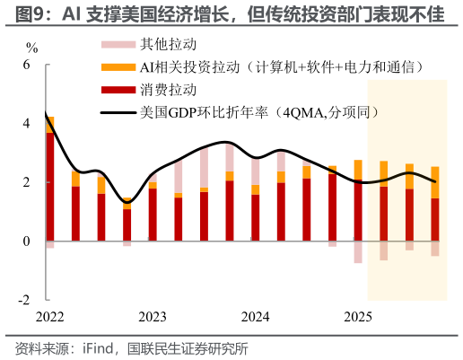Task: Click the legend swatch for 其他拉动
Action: (118, 44)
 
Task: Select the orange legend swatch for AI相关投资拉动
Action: (118, 67)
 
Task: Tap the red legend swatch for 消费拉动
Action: (118, 91)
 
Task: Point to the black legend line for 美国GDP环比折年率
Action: (118, 113)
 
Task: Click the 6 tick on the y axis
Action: (26, 66)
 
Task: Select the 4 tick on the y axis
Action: (26, 124)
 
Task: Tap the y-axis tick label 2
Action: (26, 182)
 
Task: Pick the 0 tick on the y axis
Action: (26, 241)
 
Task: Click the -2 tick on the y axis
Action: (24, 300)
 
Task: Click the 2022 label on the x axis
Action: (50, 317)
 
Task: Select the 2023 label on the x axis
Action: (153, 317)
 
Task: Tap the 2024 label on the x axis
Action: (256, 317)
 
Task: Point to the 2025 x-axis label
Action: (358, 317)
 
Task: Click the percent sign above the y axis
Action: (32, 45)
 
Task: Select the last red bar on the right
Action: (435, 220)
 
